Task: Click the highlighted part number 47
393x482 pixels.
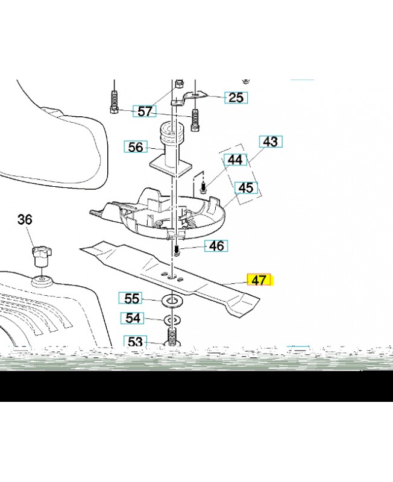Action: (260, 280)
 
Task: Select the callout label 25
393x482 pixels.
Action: (236, 98)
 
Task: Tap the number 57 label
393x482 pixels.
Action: (145, 111)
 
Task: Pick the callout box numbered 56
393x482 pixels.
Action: (136, 147)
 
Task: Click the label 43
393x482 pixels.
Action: (271, 142)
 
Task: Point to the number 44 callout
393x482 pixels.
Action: (235, 160)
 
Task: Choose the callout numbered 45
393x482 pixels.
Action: (246, 188)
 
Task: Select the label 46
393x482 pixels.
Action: (216, 246)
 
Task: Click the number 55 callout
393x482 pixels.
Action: (131, 298)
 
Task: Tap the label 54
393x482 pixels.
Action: (133, 318)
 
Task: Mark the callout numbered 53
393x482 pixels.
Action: (135, 341)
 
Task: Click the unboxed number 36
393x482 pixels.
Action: (25, 219)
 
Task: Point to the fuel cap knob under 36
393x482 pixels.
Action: (42, 255)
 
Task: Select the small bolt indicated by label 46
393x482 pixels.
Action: (177, 250)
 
